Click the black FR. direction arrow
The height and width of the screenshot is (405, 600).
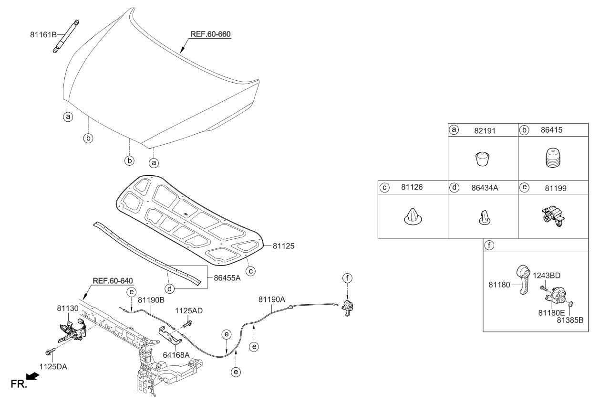[32, 377]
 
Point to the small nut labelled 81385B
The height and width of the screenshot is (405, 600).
[571, 304]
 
